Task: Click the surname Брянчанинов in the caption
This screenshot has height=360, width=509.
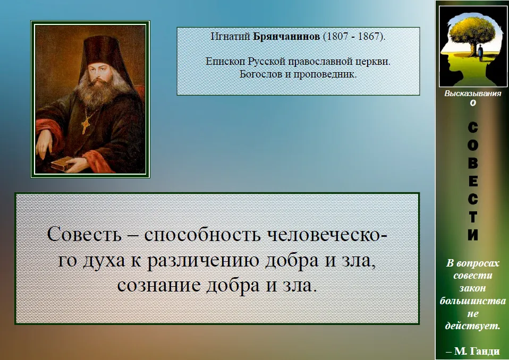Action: click(286, 36)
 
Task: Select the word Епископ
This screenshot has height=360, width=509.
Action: click(226, 62)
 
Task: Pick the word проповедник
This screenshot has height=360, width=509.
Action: click(325, 74)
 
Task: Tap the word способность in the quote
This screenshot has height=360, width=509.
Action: click(202, 235)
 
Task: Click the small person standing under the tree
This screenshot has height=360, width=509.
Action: click(480, 53)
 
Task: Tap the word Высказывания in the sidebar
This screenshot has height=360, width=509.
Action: click(473, 94)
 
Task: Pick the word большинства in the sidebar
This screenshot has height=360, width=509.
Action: click(473, 301)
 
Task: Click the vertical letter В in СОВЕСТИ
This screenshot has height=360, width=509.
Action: click(473, 163)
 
